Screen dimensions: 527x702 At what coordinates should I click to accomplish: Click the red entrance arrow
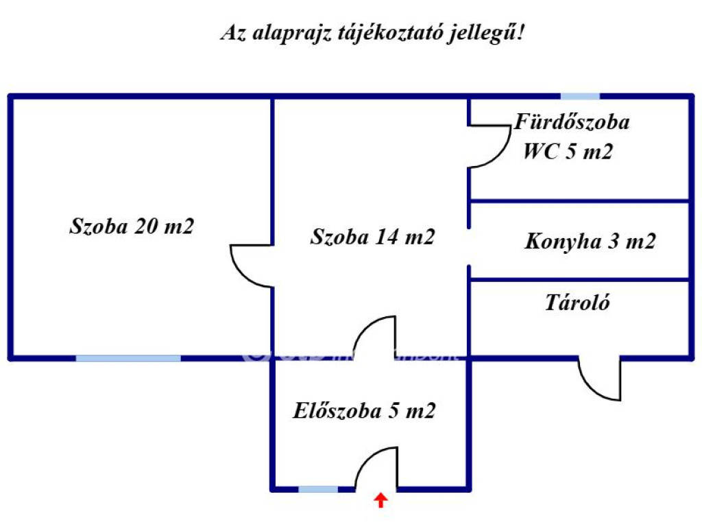[x=380, y=500]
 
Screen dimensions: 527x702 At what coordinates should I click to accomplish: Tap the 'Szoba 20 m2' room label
[x=132, y=226]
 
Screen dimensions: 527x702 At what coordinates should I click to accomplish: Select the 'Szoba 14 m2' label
[x=372, y=237]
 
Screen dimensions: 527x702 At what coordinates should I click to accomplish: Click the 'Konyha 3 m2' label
[x=590, y=242]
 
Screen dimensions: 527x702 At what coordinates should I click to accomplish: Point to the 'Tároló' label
[x=577, y=303]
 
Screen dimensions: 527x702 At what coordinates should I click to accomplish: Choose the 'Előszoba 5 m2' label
[x=364, y=411]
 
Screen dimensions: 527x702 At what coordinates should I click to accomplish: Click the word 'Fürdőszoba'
[x=572, y=123]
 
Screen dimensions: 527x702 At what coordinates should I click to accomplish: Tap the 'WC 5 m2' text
[x=568, y=152]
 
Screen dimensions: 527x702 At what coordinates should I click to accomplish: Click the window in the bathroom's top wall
[x=580, y=97]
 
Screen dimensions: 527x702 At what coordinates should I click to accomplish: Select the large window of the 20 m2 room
[x=128, y=358]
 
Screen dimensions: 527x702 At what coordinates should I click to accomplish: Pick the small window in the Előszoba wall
[x=318, y=489]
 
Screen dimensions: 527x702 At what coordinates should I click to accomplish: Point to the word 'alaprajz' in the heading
[x=284, y=34]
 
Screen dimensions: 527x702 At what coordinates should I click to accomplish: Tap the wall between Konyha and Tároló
[x=579, y=279]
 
